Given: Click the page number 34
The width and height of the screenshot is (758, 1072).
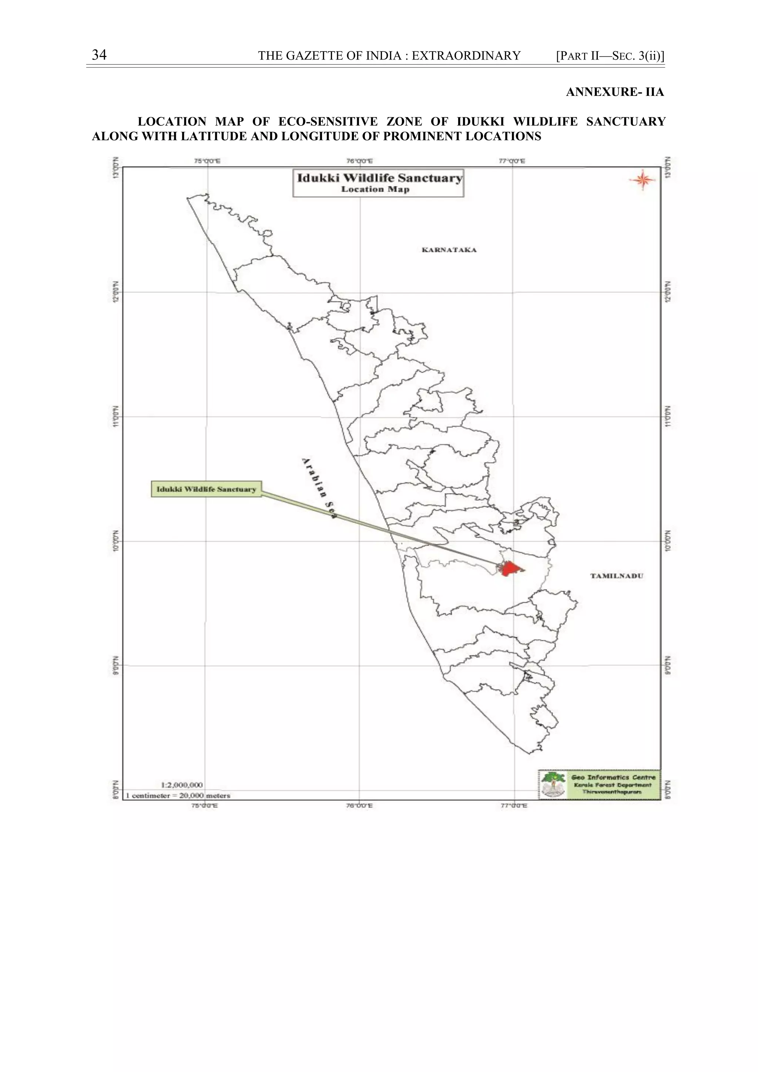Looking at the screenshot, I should click(x=99, y=55).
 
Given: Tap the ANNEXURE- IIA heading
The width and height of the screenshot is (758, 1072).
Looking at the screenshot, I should click(x=615, y=92).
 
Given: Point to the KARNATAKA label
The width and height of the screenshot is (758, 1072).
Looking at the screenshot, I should click(x=449, y=250).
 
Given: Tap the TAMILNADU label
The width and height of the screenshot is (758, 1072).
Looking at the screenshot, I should click(x=616, y=576).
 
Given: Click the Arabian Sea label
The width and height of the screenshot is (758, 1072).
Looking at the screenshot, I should click(x=319, y=488).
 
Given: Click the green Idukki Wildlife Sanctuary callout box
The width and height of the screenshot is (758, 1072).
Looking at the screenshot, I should click(x=206, y=489).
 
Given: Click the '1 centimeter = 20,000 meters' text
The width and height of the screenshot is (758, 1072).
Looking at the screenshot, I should click(x=178, y=795).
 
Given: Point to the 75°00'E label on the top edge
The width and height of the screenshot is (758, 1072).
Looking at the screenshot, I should click(x=207, y=161).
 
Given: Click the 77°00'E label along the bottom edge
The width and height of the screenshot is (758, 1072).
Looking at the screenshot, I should click(x=514, y=805).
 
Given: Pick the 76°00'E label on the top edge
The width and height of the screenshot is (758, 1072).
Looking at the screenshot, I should click(x=359, y=161).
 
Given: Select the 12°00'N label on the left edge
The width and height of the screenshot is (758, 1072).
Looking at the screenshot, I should click(x=116, y=292).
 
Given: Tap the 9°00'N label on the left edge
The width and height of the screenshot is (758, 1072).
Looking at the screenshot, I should click(x=116, y=665).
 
